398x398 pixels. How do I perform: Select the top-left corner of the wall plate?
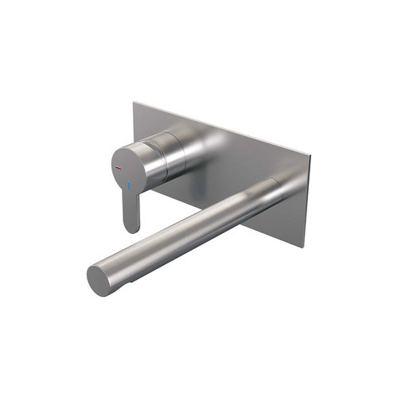coord(134,101)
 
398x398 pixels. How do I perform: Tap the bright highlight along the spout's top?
coord(183,223)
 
